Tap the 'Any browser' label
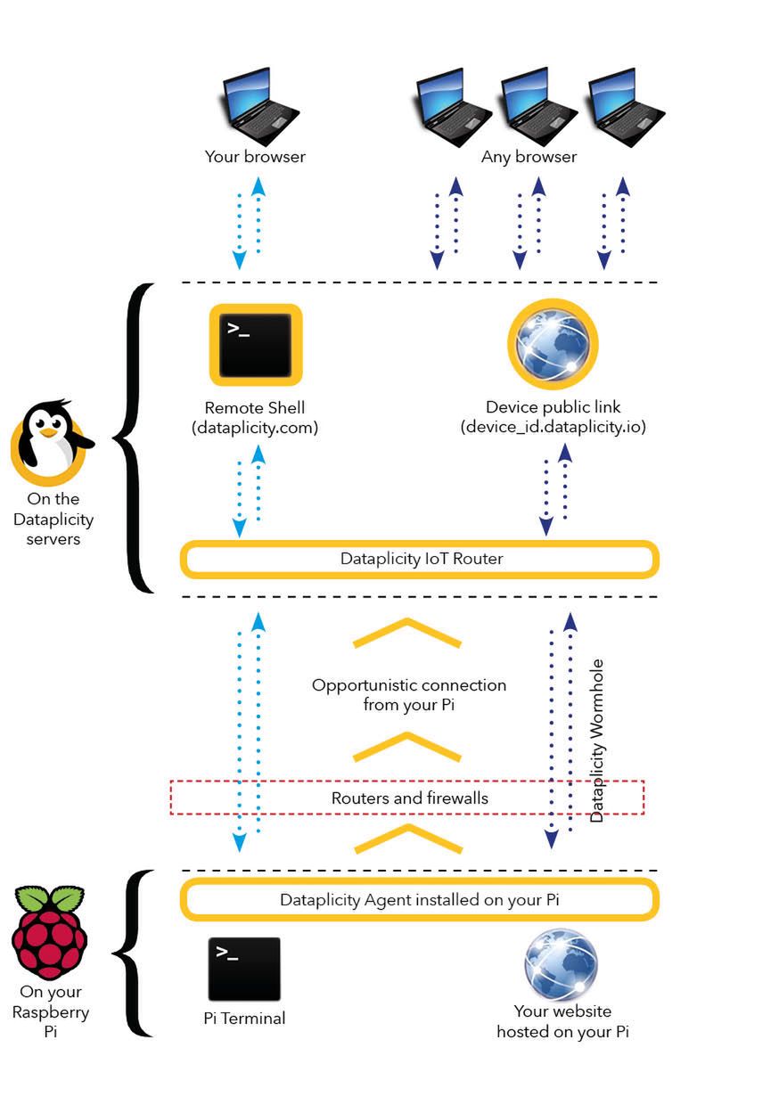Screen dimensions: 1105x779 pos(529,157)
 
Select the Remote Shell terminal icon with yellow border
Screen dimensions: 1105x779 pos(256,343)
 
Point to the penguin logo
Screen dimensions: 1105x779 pos(51,438)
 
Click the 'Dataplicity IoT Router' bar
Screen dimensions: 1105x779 pos(420,560)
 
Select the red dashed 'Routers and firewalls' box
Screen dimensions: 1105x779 pos(407,798)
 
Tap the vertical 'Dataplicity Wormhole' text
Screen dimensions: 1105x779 pos(597,741)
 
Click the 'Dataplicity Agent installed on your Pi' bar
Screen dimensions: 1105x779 pos(420,900)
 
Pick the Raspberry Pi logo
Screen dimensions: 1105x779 pos(49,932)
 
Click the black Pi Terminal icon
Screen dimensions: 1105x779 pos(244,969)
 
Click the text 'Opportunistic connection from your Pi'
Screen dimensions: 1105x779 pos(409,695)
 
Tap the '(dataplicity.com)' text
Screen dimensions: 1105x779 pos(255,428)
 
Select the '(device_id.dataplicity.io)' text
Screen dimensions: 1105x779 pos(553,427)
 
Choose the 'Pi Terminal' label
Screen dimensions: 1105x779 pos(244,1018)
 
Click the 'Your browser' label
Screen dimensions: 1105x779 pos(255,157)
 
